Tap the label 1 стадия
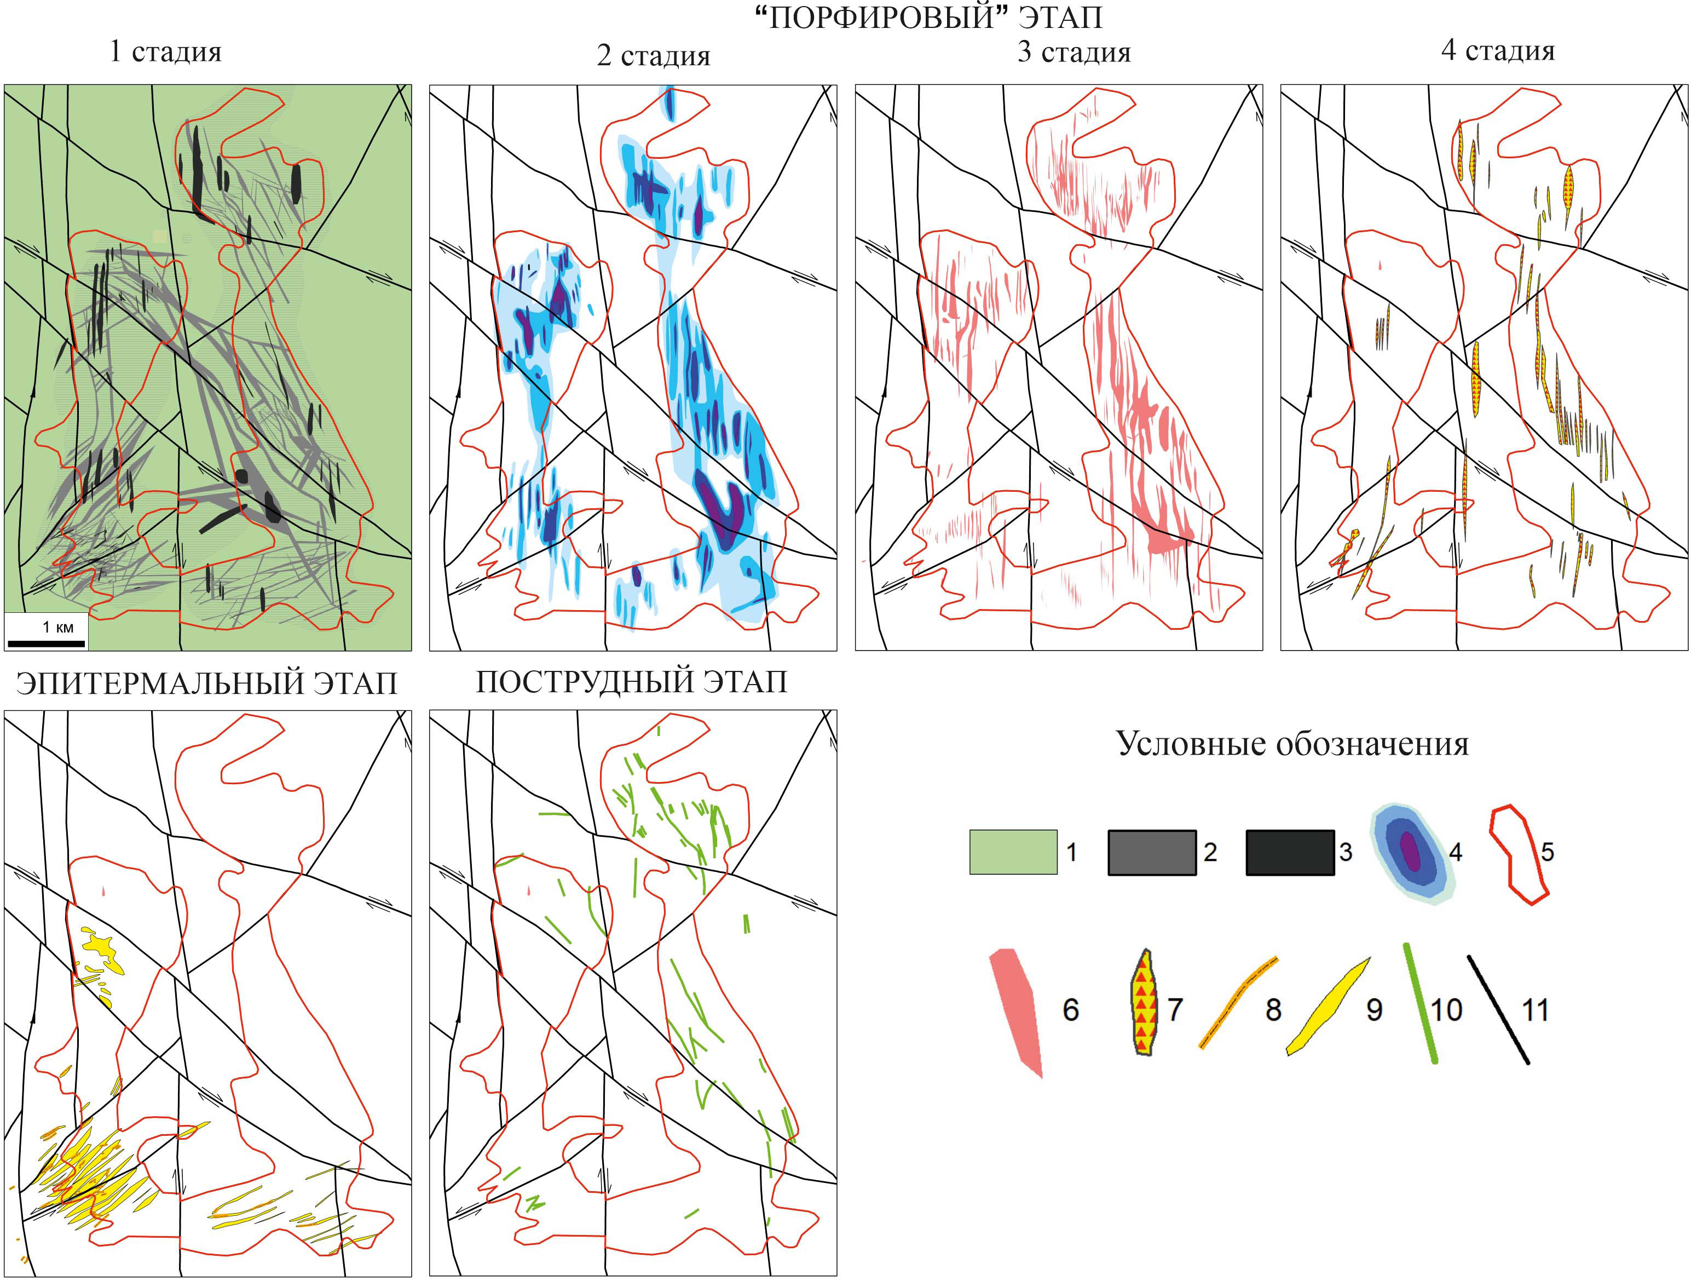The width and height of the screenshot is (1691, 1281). [x=166, y=51]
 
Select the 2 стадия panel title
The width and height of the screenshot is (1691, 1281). [x=654, y=56]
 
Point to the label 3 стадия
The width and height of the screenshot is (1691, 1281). [x=1074, y=51]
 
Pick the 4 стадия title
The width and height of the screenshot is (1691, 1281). [x=1498, y=50]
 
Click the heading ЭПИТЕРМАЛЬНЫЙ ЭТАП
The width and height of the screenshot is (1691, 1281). [x=206, y=683]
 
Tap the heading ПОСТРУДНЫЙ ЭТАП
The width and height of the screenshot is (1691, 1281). [x=631, y=681]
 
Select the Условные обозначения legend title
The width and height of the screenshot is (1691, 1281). [x=1292, y=743]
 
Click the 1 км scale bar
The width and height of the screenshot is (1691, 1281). [x=46, y=643]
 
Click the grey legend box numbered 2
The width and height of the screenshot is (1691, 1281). [x=1152, y=852]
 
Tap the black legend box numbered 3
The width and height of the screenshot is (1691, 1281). [x=1290, y=852]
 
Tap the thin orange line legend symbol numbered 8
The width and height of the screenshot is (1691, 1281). [x=1238, y=1002]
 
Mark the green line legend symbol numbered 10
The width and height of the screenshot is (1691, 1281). [x=1421, y=1003]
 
